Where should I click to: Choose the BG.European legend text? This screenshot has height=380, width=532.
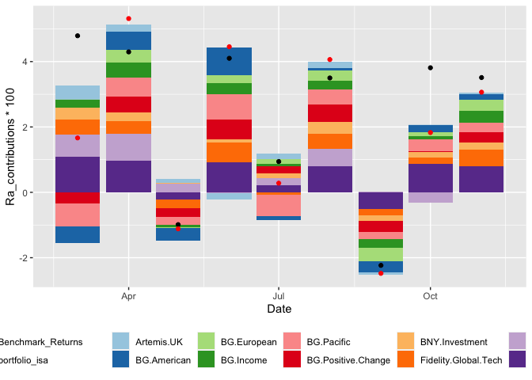[x=248, y=342]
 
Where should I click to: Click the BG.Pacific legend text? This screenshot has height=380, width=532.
[x=328, y=342]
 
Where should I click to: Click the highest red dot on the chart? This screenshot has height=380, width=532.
[x=128, y=18]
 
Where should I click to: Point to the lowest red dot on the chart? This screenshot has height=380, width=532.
[x=380, y=273]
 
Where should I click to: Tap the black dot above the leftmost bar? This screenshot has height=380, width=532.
[x=78, y=36]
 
